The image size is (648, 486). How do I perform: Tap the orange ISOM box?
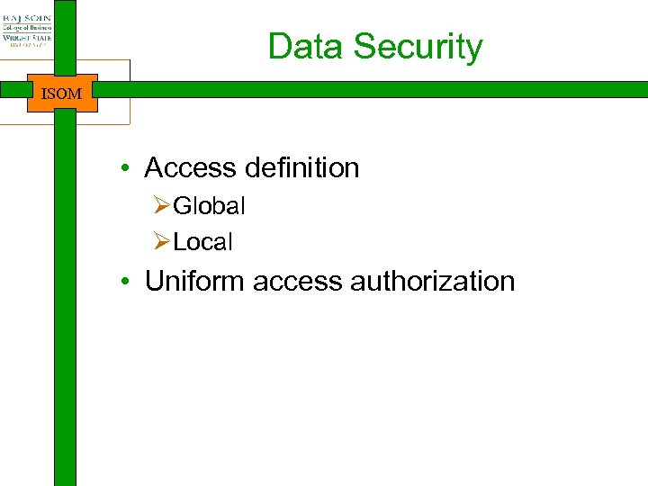tap(61, 93)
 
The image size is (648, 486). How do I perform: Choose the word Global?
tap(209, 206)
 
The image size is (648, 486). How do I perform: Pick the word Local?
tap(202, 242)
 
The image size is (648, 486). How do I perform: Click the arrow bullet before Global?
tap(161, 206)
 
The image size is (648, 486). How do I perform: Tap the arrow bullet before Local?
tap(161, 242)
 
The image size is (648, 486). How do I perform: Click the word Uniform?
tap(194, 281)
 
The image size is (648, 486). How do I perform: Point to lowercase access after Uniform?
tap(297, 281)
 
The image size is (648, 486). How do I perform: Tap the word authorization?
tap(432, 281)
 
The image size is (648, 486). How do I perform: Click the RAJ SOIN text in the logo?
tap(26, 17)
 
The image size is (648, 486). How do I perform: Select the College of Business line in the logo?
tap(26, 27)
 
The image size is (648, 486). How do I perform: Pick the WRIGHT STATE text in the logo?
tap(26, 39)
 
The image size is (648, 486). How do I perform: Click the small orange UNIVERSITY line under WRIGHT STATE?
tap(26, 49)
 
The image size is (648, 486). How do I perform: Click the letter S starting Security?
tap(355, 47)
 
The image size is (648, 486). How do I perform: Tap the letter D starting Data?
tap(278, 47)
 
